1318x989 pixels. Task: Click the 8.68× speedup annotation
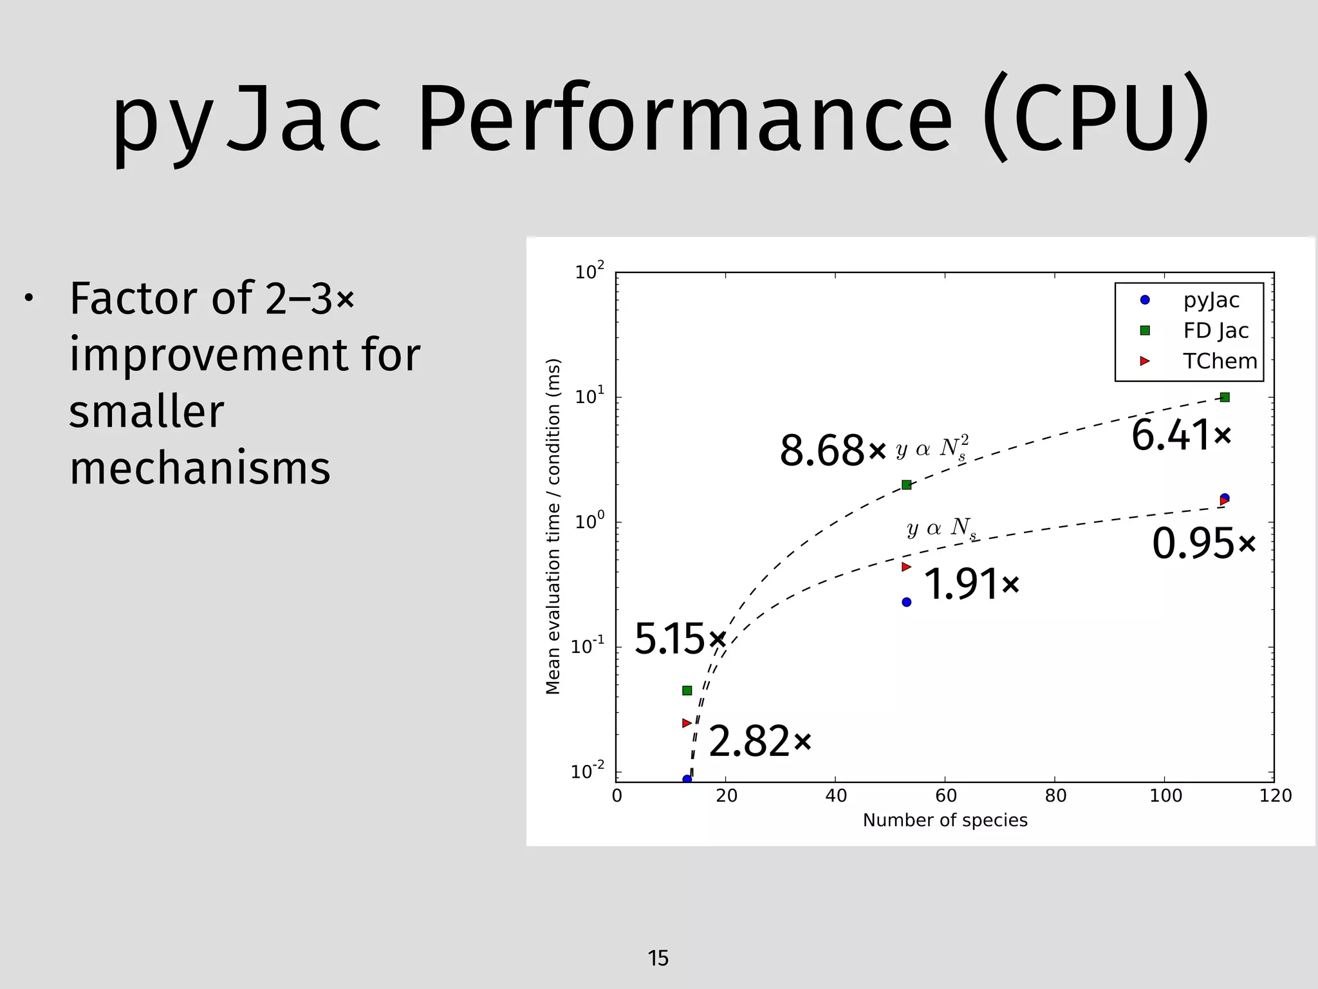click(x=832, y=451)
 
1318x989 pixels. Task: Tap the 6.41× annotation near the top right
click(x=1181, y=435)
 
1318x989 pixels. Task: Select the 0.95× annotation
click(x=1203, y=544)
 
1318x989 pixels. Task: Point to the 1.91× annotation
click(x=971, y=585)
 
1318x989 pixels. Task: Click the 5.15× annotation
click(x=679, y=639)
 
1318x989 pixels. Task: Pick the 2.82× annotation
click(x=759, y=742)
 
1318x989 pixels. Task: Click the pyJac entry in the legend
click(x=1211, y=300)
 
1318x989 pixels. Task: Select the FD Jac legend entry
click(x=1215, y=331)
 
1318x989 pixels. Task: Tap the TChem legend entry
click(x=1220, y=361)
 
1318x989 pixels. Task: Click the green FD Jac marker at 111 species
click(x=1225, y=397)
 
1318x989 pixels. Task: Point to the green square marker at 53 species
click(x=906, y=485)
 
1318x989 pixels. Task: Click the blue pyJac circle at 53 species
click(x=906, y=602)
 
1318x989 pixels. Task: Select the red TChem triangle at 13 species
click(x=686, y=723)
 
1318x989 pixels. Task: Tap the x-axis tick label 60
click(x=945, y=796)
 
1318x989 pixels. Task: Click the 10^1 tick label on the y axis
click(x=589, y=396)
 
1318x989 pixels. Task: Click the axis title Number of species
click(x=945, y=820)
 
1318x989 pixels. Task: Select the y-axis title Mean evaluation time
click(x=553, y=526)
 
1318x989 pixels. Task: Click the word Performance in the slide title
click(x=685, y=120)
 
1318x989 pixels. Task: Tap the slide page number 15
click(x=658, y=958)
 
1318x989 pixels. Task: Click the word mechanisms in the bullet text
click(x=200, y=469)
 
